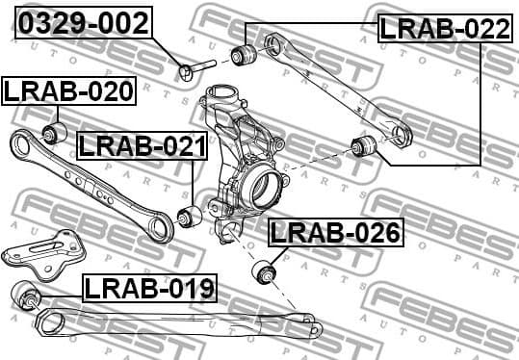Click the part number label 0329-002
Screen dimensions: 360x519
coord(85,22)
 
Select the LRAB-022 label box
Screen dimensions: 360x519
coord(444,28)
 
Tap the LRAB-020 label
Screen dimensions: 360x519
coord(68,91)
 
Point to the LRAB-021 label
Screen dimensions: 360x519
coord(142,146)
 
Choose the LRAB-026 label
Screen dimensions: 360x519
coord(335,232)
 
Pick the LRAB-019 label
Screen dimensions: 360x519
coord(149,287)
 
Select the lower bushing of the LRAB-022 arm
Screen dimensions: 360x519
coord(364,146)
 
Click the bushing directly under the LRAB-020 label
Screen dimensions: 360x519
coord(53,131)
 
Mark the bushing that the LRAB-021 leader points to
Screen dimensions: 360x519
coord(190,217)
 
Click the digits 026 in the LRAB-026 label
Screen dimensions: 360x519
coord(375,232)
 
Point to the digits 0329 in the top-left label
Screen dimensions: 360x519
coord(53,22)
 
